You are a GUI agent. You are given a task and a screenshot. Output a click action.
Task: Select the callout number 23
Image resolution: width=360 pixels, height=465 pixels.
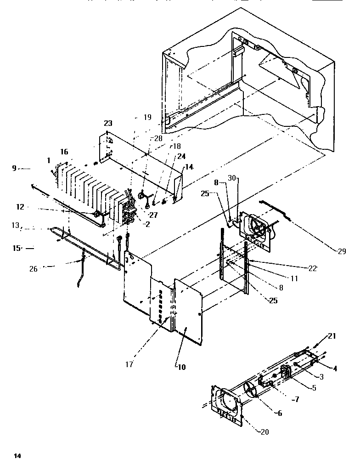[108, 124]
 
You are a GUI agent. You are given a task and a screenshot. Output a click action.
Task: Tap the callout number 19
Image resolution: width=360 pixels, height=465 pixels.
[147, 118]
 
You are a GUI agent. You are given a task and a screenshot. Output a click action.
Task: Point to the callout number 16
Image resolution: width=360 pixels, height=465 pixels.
[64, 151]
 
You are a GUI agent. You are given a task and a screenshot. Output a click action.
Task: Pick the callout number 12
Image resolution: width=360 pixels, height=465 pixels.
[20, 207]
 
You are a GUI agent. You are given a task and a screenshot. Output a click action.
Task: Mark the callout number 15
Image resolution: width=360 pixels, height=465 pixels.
[17, 248]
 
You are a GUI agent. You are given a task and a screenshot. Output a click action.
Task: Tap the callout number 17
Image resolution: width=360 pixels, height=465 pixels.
[129, 364]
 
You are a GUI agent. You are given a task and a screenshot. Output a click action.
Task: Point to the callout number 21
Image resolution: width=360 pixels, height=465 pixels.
[332, 336]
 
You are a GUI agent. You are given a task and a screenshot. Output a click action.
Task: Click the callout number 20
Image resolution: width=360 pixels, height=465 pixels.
[265, 432]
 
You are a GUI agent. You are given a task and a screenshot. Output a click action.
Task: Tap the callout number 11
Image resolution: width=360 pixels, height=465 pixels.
[294, 278]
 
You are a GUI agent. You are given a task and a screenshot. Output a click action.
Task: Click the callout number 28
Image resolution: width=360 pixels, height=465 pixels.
[158, 138]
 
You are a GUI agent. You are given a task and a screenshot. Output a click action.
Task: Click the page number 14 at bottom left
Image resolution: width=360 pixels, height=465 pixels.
[17, 456]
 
